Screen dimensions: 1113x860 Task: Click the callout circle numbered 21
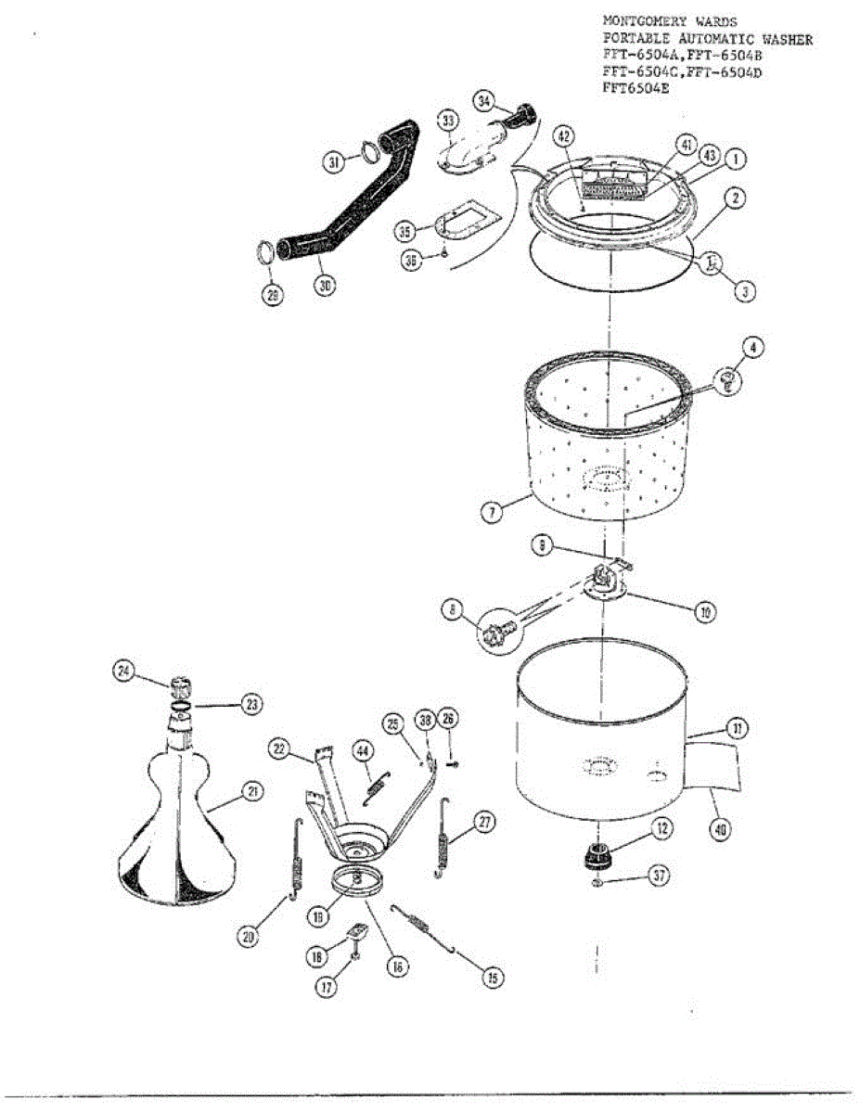tap(253, 791)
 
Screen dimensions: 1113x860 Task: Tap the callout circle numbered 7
tap(493, 510)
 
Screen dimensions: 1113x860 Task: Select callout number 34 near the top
tap(483, 100)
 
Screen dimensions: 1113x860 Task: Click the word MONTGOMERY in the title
tap(641, 19)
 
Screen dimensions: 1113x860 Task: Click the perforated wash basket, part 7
tap(603, 445)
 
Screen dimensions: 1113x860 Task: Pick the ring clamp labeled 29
tap(265, 253)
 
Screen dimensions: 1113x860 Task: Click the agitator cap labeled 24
tap(182, 689)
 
